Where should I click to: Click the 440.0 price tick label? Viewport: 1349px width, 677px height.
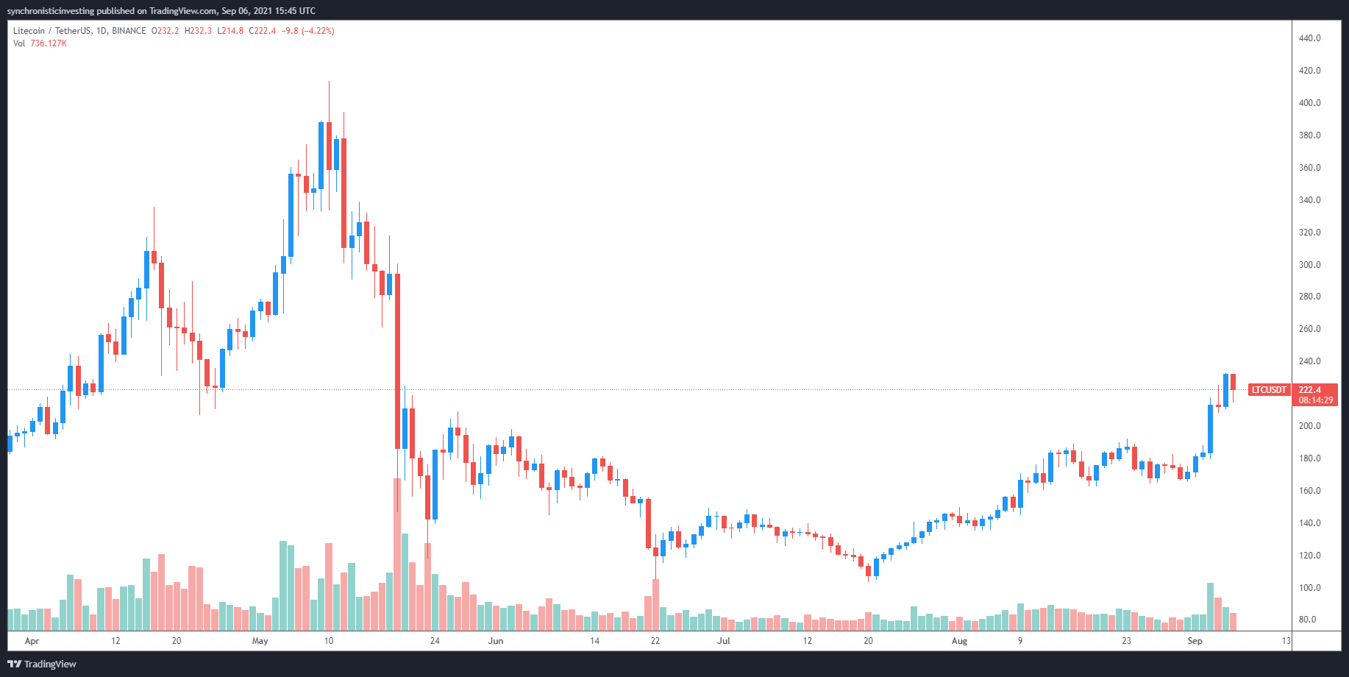pos(1309,38)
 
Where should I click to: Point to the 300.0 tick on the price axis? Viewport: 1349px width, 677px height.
pos(1309,265)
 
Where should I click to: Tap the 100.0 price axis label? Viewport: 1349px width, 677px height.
pos(1309,588)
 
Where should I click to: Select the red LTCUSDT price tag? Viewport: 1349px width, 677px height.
pos(1269,390)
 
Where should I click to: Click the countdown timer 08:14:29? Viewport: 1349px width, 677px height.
pos(1315,400)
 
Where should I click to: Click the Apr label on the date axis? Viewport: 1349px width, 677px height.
pos(32,641)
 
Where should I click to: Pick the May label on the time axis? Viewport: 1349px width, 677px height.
pos(260,641)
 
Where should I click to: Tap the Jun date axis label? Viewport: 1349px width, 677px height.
pos(496,641)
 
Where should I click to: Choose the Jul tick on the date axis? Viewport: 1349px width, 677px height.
pos(724,641)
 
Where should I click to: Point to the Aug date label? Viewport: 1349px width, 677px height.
pos(959,641)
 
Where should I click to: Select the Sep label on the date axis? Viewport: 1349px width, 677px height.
pos(1195,641)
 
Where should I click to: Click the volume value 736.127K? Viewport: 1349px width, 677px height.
pos(49,43)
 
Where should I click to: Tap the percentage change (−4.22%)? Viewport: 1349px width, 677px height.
pos(318,31)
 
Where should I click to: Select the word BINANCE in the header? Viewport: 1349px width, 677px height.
pos(129,31)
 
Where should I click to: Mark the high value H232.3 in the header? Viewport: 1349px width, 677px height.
pos(198,31)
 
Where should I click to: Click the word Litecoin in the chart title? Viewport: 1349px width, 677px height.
pos(29,31)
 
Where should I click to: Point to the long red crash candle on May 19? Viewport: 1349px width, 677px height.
pos(397,361)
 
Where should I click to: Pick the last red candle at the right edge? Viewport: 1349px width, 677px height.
pos(1233,382)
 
